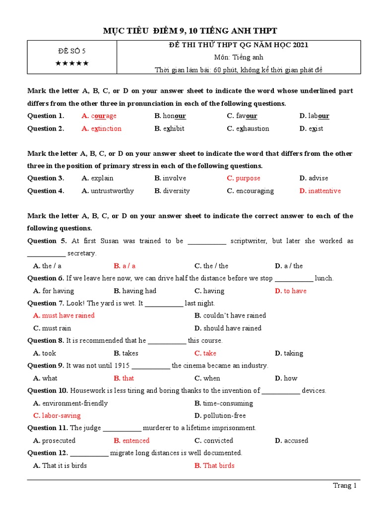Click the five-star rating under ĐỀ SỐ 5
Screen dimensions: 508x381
(x=72, y=63)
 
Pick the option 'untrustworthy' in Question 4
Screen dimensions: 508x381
(x=112, y=191)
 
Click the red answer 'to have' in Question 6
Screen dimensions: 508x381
(x=295, y=291)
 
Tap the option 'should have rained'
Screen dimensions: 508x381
(x=232, y=328)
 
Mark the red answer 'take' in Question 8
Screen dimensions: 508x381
(x=209, y=353)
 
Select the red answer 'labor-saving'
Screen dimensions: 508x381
(x=61, y=416)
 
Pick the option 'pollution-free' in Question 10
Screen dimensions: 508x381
(x=224, y=416)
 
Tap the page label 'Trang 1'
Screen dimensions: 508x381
(x=344, y=486)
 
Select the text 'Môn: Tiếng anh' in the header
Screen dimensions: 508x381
(x=239, y=58)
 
